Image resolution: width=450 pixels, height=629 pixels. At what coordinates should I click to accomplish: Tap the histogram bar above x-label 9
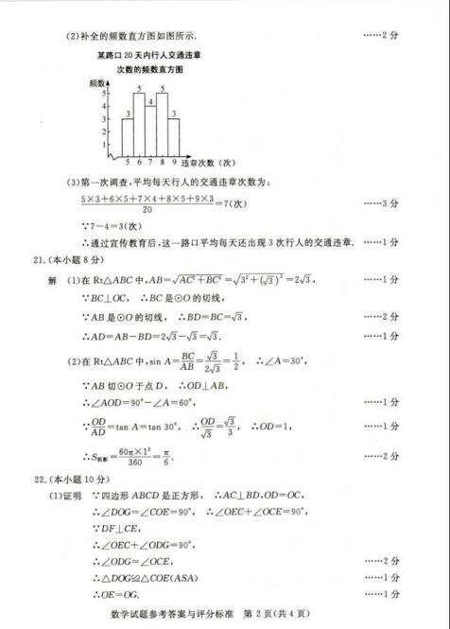point(174,133)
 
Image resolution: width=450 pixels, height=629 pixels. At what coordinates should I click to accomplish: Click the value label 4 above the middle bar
point(150,100)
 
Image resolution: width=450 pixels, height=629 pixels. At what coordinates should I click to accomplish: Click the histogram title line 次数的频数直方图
point(150,70)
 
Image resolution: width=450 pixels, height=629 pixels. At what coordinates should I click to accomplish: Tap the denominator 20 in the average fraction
point(147,211)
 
